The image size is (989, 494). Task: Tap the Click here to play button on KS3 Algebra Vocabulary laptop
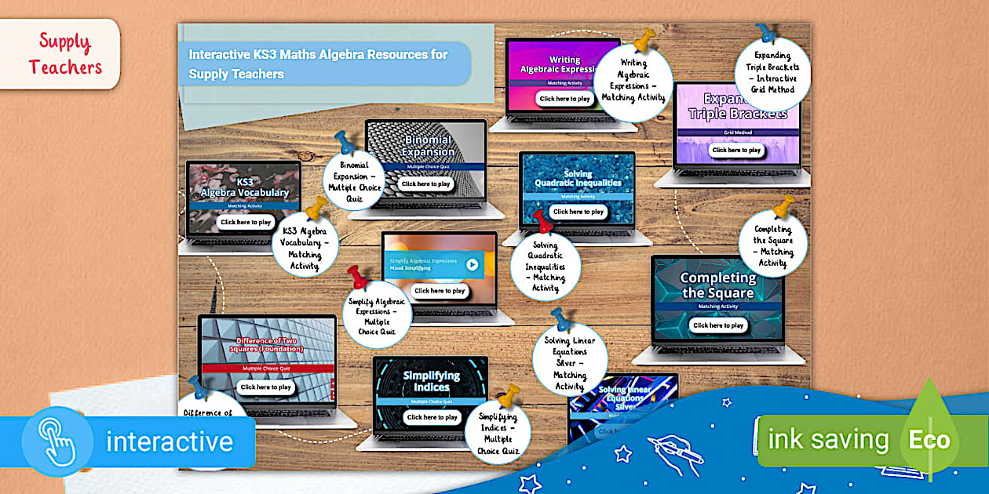(x=246, y=222)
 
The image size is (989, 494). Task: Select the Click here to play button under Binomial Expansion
(x=425, y=183)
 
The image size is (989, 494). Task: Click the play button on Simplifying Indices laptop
(x=432, y=417)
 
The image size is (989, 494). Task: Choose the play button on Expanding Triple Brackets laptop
(x=735, y=150)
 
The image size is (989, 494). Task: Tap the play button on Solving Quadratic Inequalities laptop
(x=578, y=212)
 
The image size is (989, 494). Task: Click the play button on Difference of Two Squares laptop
(x=265, y=387)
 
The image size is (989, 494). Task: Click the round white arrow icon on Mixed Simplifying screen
(x=472, y=264)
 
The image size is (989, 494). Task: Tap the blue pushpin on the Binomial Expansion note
(x=345, y=142)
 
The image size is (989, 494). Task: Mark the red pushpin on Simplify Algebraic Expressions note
(x=358, y=277)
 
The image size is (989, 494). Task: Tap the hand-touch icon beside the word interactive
(x=57, y=441)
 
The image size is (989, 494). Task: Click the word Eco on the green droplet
(x=929, y=440)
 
